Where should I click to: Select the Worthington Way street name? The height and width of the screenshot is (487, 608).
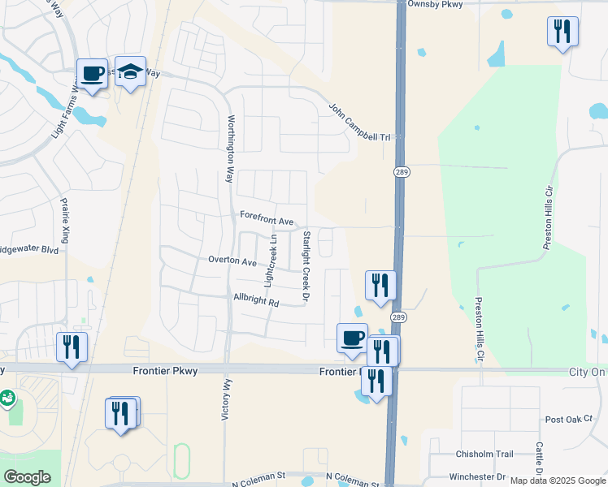229,149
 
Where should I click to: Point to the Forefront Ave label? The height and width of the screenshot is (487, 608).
267,220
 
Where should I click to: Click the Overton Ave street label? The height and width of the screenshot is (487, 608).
232,262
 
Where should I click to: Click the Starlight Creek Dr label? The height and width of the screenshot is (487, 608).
307,268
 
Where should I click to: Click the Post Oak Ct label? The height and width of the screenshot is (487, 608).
570,419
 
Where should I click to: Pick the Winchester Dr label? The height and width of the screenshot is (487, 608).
479,477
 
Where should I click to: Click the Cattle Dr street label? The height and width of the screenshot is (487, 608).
539,459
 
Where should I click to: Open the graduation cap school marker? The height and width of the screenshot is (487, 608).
130,72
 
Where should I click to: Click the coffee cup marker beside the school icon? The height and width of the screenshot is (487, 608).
93,74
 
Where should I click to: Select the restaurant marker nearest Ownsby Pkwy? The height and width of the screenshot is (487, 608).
562,32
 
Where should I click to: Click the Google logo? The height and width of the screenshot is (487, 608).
27,477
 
